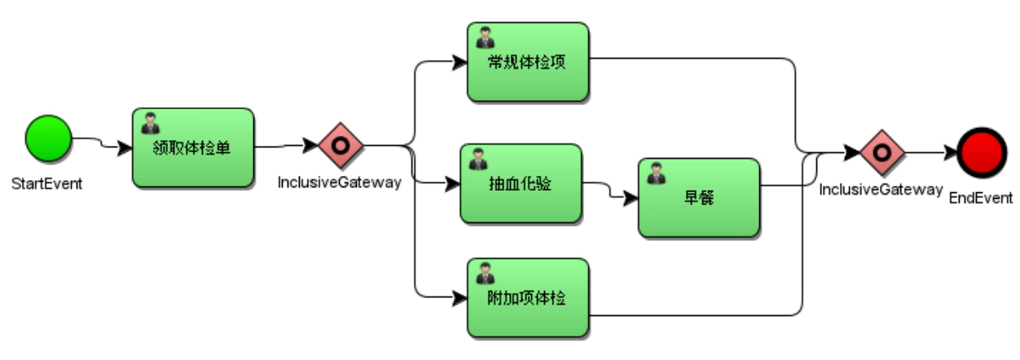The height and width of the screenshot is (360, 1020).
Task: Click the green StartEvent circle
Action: (x=48, y=138)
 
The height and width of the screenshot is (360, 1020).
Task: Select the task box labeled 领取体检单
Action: (x=193, y=147)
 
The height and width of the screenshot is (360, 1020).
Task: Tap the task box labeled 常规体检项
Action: (x=527, y=62)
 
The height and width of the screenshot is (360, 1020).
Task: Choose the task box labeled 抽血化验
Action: (x=520, y=184)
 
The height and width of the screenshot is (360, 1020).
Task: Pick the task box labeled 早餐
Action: (x=698, y=197)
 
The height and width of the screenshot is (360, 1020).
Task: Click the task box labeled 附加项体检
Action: (x=527, y=297)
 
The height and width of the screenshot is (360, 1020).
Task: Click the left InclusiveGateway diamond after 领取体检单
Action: (x=340, y=147)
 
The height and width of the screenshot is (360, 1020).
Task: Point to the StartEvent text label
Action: (x=47, y=183)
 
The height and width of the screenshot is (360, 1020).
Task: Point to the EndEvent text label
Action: (x=981, y=198)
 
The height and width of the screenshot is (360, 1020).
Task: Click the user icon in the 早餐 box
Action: (x=655, y=173)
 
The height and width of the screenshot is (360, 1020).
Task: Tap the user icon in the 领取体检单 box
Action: (x=150, y=123)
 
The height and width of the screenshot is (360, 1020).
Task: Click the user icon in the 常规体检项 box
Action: (x=485, y=37)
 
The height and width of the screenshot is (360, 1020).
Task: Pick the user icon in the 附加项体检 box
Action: (x=485, y=273)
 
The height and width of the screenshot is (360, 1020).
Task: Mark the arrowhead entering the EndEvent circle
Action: (x=950, y=152)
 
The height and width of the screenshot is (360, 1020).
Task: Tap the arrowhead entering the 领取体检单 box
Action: (x=125, y=148)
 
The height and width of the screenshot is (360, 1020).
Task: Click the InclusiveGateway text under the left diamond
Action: (x=339, y=182)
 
